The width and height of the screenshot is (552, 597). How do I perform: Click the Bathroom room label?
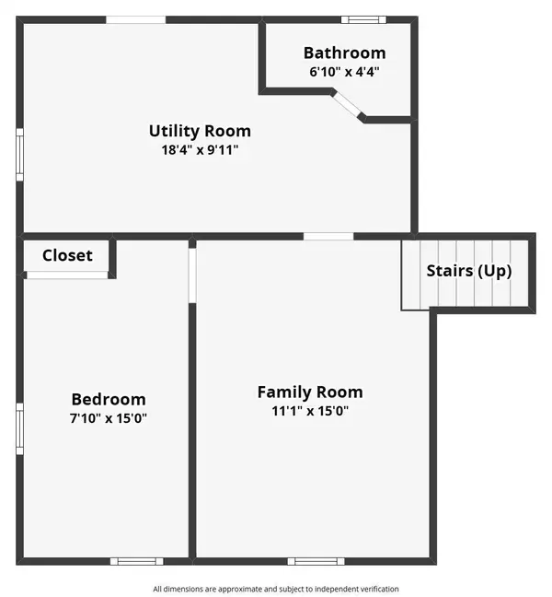(x=344, y=53)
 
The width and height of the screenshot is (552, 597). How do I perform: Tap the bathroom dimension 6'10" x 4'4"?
(x=344, y=72)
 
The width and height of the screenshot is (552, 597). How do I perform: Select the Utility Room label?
(x=200, y=132)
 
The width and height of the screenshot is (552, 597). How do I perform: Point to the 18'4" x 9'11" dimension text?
(x=200, y=149)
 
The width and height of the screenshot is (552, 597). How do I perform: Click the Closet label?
(x=67, y=255)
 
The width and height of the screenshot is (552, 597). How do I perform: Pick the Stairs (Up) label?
(x=469, y=272)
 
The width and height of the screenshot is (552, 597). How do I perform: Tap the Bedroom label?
(x=109, y=400)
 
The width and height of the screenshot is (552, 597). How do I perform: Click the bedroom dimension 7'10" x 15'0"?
(x=109, y=418)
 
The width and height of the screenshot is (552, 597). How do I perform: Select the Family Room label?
(x=310, y=392)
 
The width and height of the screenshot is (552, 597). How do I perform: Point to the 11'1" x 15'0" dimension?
(x=310, y=411)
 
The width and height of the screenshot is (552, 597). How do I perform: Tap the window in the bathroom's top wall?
(x=363, y=19)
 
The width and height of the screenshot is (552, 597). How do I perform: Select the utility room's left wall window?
(x=19, y=155)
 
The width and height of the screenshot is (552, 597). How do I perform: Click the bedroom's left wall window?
(x=19, y=428)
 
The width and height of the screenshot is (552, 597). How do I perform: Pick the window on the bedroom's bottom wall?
(x=137, y=561)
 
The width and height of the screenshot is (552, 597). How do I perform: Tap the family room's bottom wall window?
(x=316, y=561)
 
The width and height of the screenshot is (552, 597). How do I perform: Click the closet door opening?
(x=67, y=275)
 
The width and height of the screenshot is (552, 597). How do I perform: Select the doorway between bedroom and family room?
(x=192, y=275)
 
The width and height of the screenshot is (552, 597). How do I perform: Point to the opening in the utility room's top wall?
(x=136, y=19)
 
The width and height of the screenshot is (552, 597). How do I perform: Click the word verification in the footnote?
(x=377, y=589)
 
